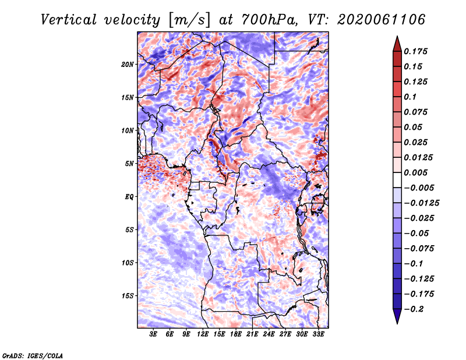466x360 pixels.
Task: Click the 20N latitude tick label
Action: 128,65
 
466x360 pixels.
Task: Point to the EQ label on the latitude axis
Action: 129,197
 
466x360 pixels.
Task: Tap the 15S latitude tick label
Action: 128,296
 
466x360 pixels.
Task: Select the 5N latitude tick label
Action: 129,164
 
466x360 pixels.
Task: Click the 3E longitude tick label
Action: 153,334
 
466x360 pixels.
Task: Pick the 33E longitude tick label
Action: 318,334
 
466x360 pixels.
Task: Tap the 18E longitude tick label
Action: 236,334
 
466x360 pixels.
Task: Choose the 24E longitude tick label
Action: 269,334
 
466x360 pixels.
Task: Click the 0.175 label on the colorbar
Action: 415,51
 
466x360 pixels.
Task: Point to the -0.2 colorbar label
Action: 414,309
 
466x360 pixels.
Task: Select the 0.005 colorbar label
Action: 415,172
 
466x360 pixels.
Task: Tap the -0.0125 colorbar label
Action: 421,203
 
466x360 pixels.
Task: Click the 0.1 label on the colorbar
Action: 410,97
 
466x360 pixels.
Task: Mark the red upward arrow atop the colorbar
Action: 397,44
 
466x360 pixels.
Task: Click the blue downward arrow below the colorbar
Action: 397,316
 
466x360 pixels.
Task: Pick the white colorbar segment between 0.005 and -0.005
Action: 397,180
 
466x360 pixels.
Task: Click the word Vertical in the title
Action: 69,20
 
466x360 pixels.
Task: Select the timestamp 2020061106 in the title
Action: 382,20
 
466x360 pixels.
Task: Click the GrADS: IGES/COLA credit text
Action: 33,356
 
